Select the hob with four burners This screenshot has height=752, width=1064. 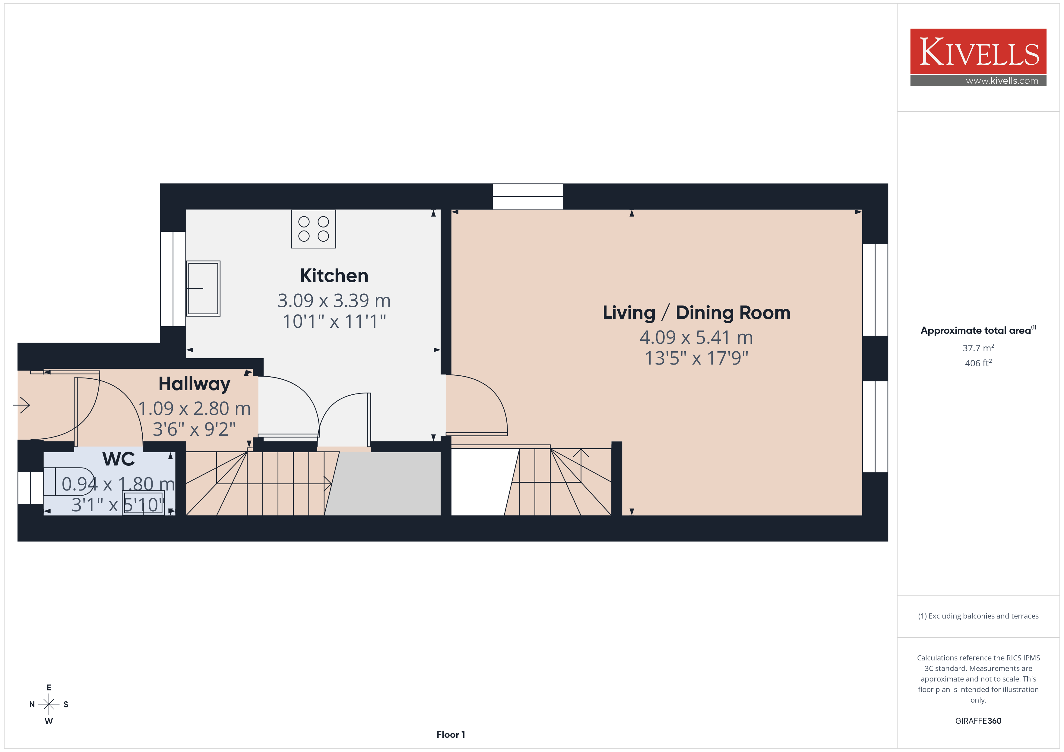coord(313,229)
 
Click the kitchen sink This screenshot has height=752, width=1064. coord(203,289)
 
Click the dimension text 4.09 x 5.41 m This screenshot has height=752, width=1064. coord(696,337)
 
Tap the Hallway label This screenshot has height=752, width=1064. coord(194,384)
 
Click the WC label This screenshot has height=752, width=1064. coord(119,459)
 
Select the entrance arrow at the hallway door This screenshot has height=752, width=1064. coord(21,406)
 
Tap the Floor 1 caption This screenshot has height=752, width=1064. coord(451,735)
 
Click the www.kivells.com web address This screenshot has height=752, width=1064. coord(1002,80)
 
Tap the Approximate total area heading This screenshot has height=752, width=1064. coord(978,330)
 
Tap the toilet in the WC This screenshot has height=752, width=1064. coord(69,481)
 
